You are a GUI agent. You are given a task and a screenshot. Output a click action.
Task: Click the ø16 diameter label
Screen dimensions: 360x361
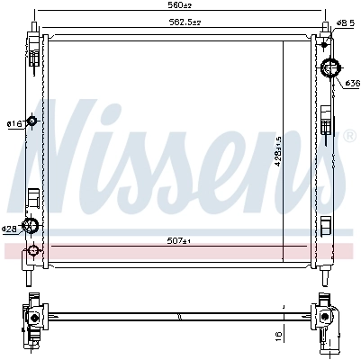[14, 123]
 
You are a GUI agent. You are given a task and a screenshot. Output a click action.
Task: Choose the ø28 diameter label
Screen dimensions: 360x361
[11, 229]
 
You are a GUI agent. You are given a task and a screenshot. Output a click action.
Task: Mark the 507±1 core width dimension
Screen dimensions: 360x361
[180, 240]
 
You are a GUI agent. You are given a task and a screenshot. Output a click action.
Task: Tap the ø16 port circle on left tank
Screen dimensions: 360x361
[32, 121]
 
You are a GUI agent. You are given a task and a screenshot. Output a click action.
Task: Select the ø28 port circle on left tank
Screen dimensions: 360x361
[32, 227]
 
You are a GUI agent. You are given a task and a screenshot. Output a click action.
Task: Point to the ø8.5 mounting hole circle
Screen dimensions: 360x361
[329, 32]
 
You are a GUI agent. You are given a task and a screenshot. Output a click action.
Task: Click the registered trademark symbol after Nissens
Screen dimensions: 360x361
[349, 136]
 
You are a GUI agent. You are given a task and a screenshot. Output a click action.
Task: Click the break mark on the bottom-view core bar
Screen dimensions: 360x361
[180, 315]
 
